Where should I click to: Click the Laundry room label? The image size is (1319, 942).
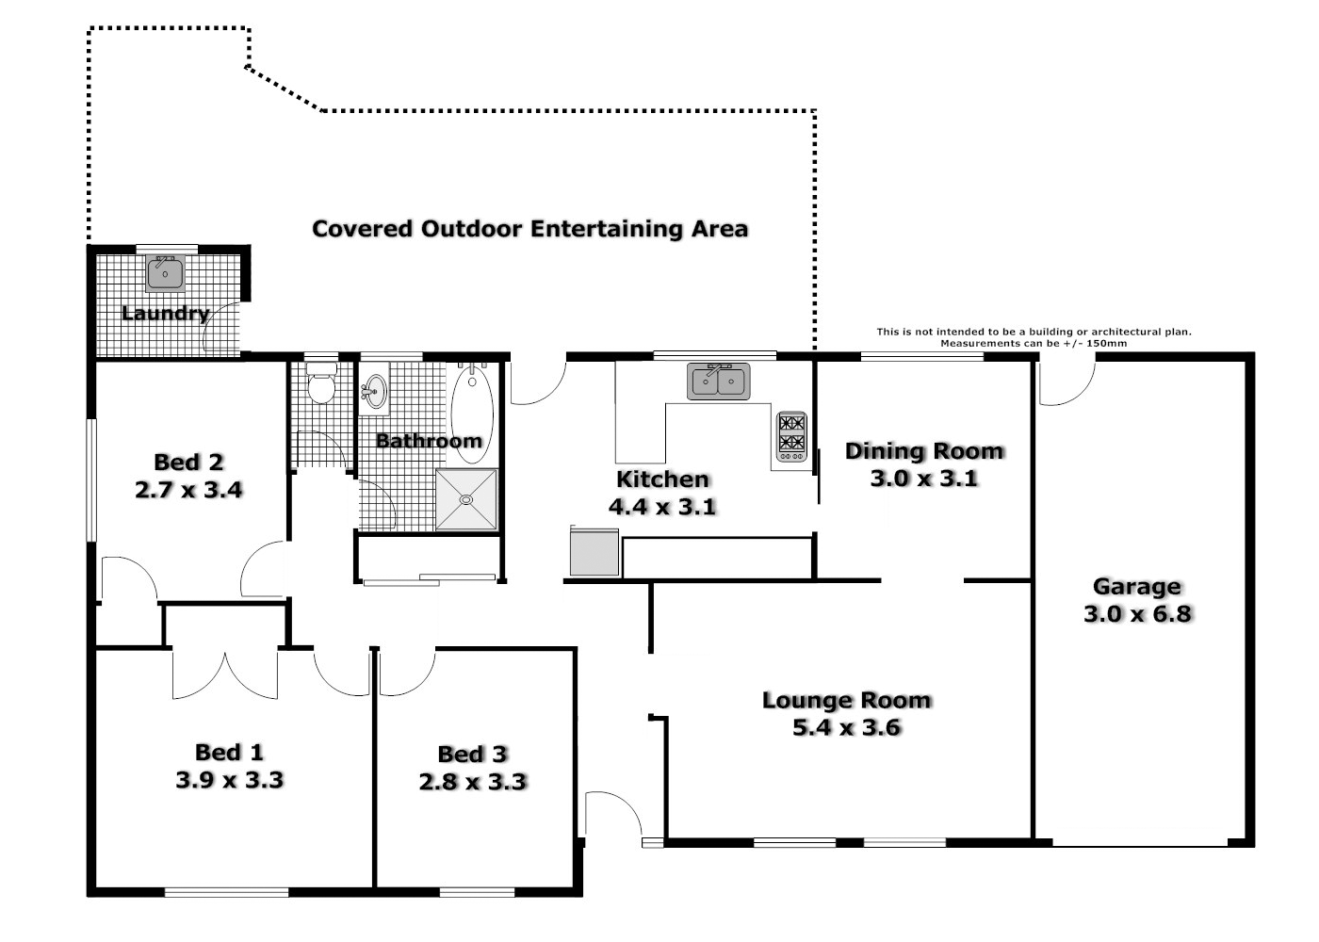[165, 314]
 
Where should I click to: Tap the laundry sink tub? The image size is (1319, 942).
[166, 272]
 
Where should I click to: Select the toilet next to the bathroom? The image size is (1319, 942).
[321, 386]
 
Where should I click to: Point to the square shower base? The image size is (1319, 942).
[465, 499]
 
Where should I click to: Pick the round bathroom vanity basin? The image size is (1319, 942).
[375, 391]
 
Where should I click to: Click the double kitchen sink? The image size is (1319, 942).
[718, 382]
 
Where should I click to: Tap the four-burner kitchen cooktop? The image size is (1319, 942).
[791, 435]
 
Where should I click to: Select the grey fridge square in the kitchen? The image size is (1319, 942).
[594, 552]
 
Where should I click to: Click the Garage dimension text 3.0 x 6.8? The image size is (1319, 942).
[1137, 614]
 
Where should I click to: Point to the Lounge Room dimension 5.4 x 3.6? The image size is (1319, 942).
[847, 727]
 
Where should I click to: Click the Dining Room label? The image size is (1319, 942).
[923, 451]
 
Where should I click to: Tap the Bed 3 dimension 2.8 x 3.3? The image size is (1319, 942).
[473, 782]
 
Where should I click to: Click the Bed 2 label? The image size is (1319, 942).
[188, 462]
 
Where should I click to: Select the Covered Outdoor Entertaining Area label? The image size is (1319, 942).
[529, 229]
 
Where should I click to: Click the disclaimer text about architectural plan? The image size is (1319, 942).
[1034, 337]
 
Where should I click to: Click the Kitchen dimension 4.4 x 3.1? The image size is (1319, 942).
[662, 507]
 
